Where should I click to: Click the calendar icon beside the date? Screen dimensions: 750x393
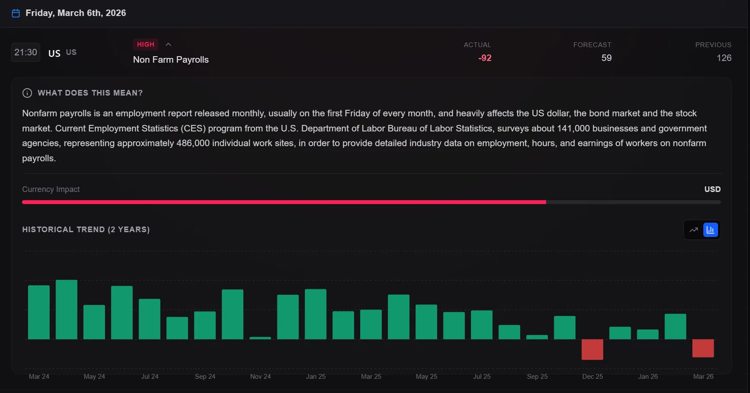pyautogui.click(x=16, y=13)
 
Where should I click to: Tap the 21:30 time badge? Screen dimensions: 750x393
pyautogui.click(x=25, y=52)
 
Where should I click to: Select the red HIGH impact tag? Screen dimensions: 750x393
pyautogui.click(x=146, y=45)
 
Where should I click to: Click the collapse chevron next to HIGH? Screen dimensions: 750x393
pyautogui.click(x=168, y=45)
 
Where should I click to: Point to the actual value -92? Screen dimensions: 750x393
pyautogui.click(x=485, y=58)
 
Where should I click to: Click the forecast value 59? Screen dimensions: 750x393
pyautogui.click(x=607, y=58)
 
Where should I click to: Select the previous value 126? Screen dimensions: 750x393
pyautogui.click(x=724, y=58)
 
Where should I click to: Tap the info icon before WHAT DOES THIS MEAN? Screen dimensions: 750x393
pyautogui.click(x=27, y=93)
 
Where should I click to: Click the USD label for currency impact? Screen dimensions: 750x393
pyautogui.click(x=712, y=189)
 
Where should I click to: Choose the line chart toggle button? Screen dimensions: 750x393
pyautogui.click(x=694, y=230)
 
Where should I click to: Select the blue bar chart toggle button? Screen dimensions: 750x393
pyautogui.click(x=711, y=230)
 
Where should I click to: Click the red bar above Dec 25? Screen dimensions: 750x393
pyautogui.click(x=592, y=349)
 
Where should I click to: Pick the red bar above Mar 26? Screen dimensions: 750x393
pyautogui.click(x=703, y=348)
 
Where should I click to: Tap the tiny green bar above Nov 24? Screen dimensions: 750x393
pyautogui.click(x=260, y=338)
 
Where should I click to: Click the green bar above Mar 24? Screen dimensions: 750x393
pyautogui.click(x=39, y=312)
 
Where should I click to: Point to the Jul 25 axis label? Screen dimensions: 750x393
pyautogui.click(x=482, y=377)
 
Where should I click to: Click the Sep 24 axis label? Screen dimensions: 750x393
pyautogui.click(x=205, y=377)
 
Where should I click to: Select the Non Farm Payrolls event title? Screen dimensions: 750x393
pyautogui.click(x=171, y=60)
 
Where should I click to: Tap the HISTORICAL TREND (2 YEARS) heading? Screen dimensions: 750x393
pyautogui.click(x=86, y=230)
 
